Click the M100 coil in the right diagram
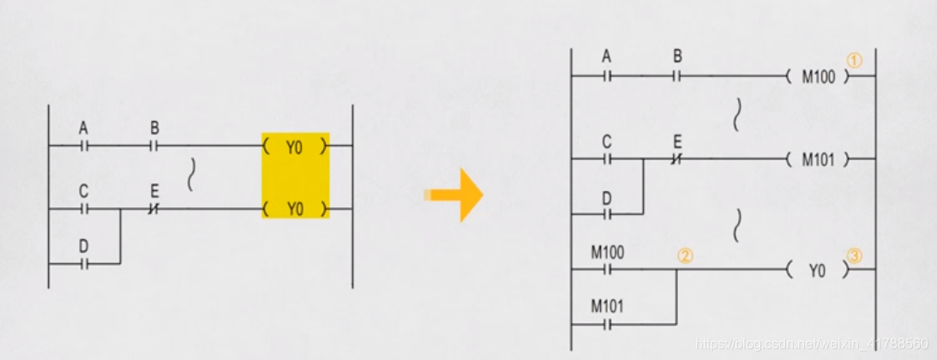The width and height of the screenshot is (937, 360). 817,75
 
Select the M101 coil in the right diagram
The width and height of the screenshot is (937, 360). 817,159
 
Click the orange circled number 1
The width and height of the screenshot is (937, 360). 853,62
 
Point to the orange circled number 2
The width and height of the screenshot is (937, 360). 684,255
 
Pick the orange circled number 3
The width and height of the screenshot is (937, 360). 853,255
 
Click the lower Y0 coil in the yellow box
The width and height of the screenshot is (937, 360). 295,208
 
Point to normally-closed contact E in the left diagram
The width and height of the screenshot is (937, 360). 154,208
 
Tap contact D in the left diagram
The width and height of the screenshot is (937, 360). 84,263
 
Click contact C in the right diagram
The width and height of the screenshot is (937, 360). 607,159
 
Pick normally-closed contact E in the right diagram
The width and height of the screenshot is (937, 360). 677,159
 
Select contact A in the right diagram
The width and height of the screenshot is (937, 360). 607,75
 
